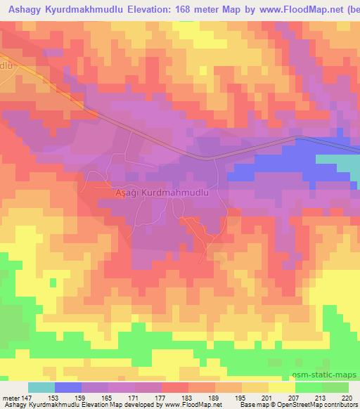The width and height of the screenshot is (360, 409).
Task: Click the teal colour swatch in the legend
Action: [x=41, y=387]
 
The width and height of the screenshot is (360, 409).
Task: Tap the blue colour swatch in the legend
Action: [x=68, y=387]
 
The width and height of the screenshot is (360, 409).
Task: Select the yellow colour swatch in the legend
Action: [x=281, y=387]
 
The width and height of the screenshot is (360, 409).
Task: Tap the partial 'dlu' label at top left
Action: [x=7, y=65]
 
